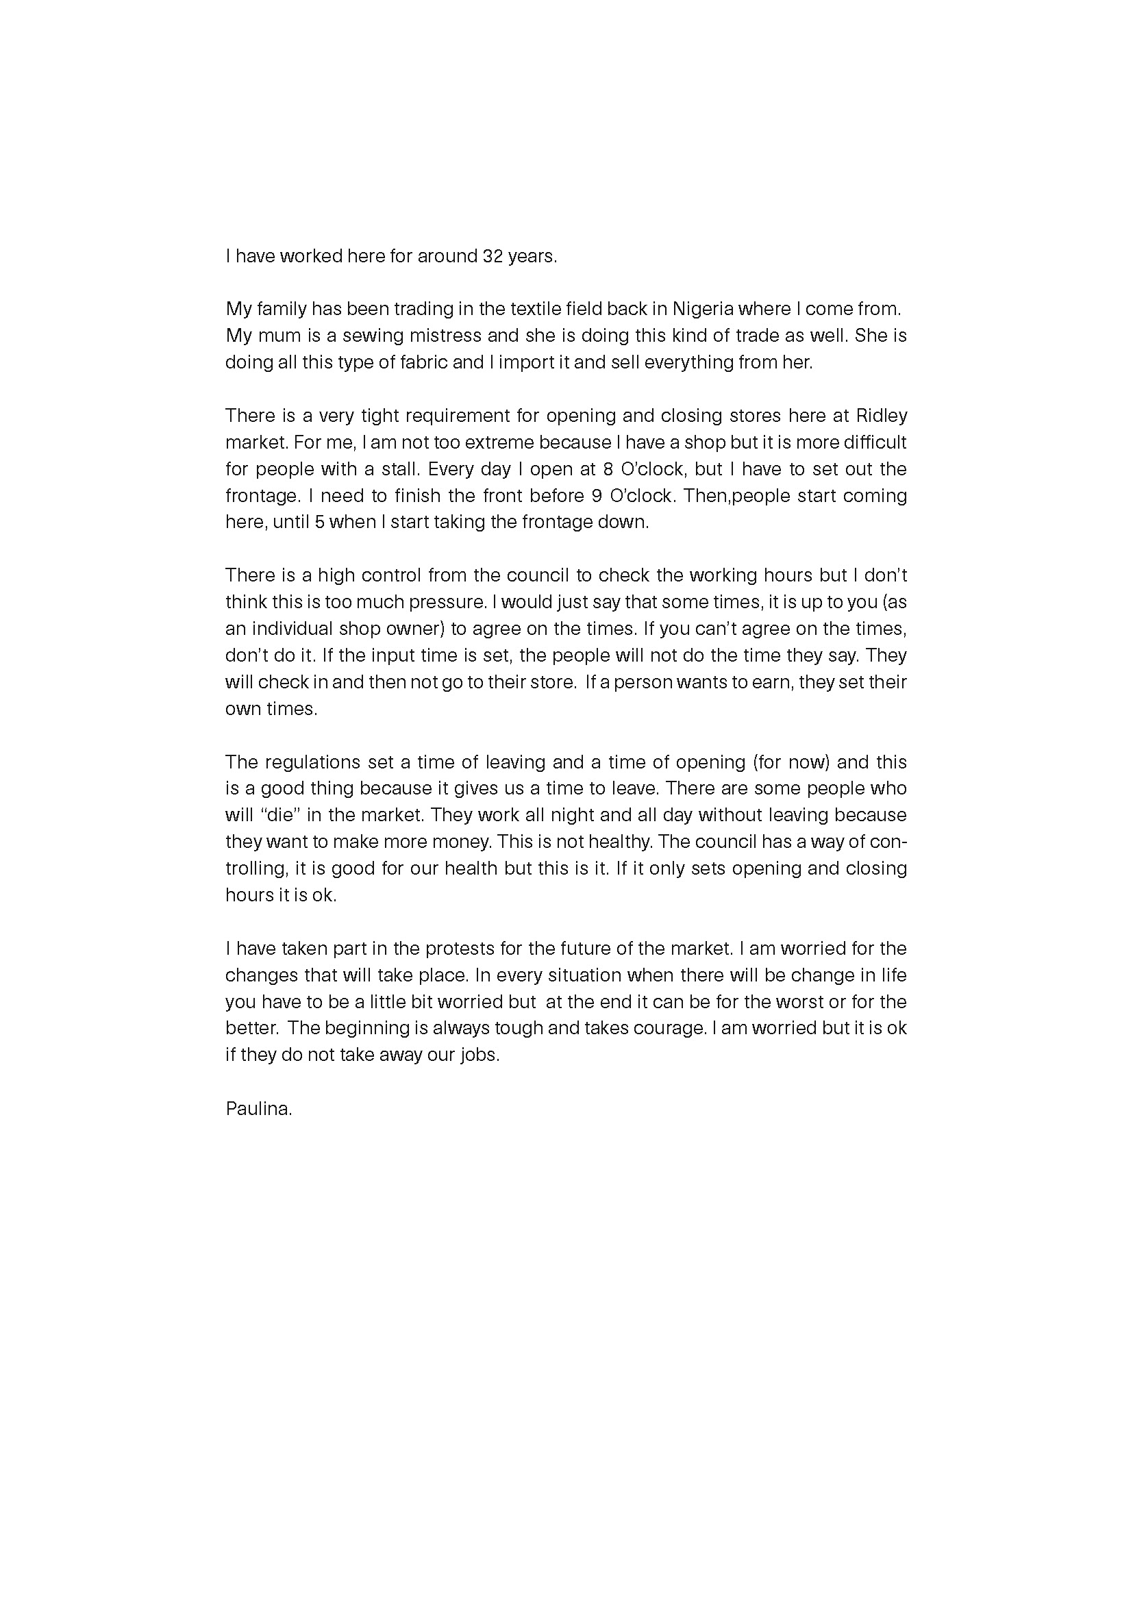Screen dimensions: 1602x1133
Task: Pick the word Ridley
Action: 881,415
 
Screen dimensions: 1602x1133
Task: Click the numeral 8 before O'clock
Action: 607,469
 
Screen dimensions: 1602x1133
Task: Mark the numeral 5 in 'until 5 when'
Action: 319,522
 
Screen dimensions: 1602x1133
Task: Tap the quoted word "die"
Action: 279,815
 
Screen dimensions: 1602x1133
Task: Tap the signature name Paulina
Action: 258,1108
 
